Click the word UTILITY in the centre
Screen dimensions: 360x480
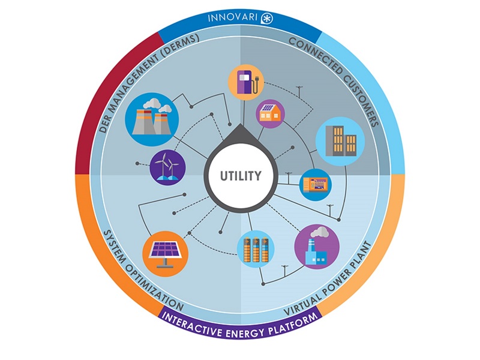pos(240,176)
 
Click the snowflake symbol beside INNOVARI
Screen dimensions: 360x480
pos(265,19)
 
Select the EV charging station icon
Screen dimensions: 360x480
pos(246,83)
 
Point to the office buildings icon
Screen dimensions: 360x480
pos(340,142)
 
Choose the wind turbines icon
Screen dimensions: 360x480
pos(167,166)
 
